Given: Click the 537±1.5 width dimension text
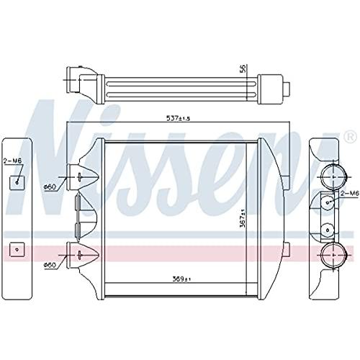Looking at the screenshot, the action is click(x=178, y=118).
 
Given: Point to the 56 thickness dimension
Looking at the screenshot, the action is click(x=243, y=69).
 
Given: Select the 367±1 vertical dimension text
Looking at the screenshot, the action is click(x=243, y=218).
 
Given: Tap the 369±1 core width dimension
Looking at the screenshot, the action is click(x=181, y=279).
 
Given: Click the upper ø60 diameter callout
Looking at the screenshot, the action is click(x=50, y=186).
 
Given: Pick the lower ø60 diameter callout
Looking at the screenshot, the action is click(x=50, y=265).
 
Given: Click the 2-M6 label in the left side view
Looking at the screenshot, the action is click(x=12, y=161).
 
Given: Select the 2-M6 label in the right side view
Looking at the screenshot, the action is click(x=350, y=193).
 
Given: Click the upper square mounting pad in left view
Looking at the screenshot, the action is click(x=17, y=183).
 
